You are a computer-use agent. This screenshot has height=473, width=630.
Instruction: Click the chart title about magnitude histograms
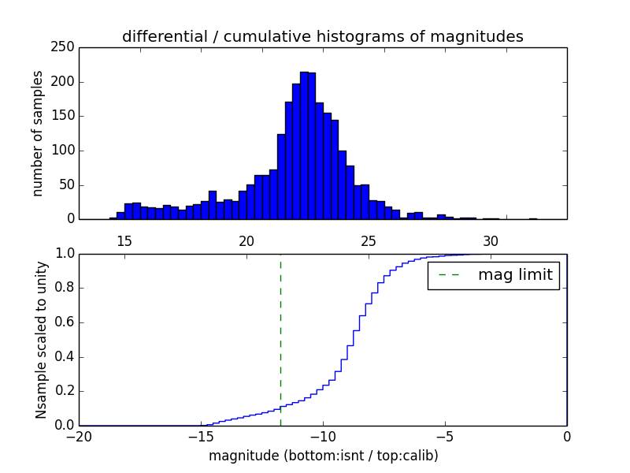[322, 36]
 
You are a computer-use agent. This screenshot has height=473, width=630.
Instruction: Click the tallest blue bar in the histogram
[304, 146]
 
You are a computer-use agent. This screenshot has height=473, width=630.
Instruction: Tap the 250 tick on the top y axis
[66, 47]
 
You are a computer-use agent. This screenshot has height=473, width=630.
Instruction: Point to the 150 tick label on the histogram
[66, 116]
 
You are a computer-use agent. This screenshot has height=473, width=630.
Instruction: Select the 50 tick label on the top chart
[69, 184]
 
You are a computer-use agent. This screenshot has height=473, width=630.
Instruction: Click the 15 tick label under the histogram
[124, 241]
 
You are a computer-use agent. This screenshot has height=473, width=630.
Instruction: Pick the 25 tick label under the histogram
[369, 241]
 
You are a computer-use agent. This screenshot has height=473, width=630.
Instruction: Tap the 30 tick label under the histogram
[491, 241]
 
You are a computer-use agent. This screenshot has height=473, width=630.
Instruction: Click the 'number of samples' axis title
[38, 133]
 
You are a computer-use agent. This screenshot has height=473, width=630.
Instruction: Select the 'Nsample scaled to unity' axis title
[41, 340]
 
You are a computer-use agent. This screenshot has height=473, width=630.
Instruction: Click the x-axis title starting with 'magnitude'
[323, 456]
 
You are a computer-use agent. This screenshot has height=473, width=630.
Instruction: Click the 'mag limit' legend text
[515, 275]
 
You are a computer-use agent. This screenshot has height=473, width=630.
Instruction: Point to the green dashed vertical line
[280, 339]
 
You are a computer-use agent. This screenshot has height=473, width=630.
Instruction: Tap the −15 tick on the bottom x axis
[201, 436]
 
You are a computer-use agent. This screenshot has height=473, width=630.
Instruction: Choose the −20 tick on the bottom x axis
[79, 436]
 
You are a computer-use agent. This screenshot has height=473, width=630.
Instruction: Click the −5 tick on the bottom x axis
[445, 436]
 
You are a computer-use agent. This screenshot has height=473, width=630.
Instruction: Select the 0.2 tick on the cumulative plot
[65, 392]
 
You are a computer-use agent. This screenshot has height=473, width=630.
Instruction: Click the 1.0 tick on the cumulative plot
[65, 255]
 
